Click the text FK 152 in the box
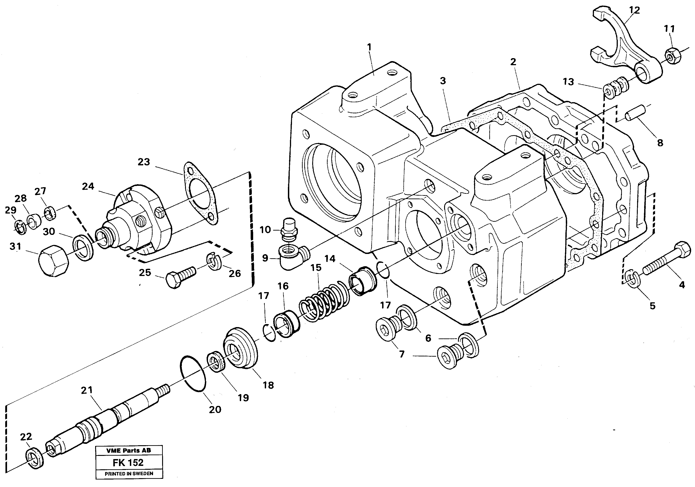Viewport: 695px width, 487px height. pyautogui.click(x=128, y=462)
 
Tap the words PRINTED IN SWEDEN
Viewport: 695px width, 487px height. pyautogui.click(x=129, y=473)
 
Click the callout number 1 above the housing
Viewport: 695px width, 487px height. pyautogui.click(x=369, y=47)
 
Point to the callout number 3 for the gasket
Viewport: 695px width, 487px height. pyautogui.click(x=443, y=81)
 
